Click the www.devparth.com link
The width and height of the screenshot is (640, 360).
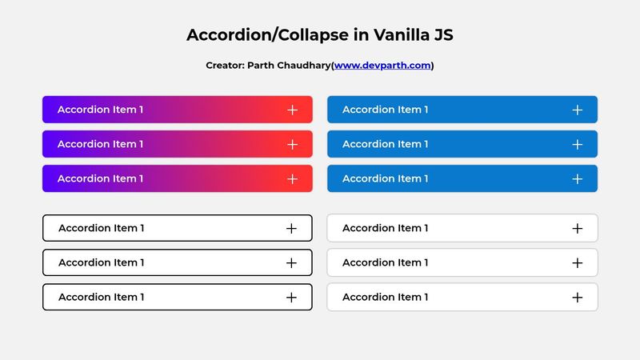[382, 66]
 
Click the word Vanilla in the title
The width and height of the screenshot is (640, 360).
[389, 35]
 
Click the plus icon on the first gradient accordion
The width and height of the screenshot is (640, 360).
[292, 110]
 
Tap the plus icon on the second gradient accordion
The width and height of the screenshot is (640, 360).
[292, 144]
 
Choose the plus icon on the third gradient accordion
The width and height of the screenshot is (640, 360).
[292, 178]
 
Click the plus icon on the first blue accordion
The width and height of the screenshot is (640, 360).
[578, 110]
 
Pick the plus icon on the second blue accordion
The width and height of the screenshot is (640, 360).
[578, 144]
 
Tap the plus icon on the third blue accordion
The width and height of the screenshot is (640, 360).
[578, 178]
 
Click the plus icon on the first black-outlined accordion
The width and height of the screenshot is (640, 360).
[291, 228]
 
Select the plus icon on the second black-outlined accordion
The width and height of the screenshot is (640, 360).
[291, 262]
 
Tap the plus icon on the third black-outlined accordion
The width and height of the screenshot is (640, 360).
[291, 297]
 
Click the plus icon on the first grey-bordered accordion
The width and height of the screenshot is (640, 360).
[578, 228]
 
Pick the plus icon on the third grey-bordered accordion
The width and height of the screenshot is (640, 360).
[578, 297]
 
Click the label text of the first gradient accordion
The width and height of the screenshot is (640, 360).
[100, 110]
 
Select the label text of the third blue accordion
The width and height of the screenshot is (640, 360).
[385, 178]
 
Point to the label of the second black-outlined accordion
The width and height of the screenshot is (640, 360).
[101, 262]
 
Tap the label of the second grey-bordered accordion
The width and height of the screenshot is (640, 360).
[385, 262]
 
